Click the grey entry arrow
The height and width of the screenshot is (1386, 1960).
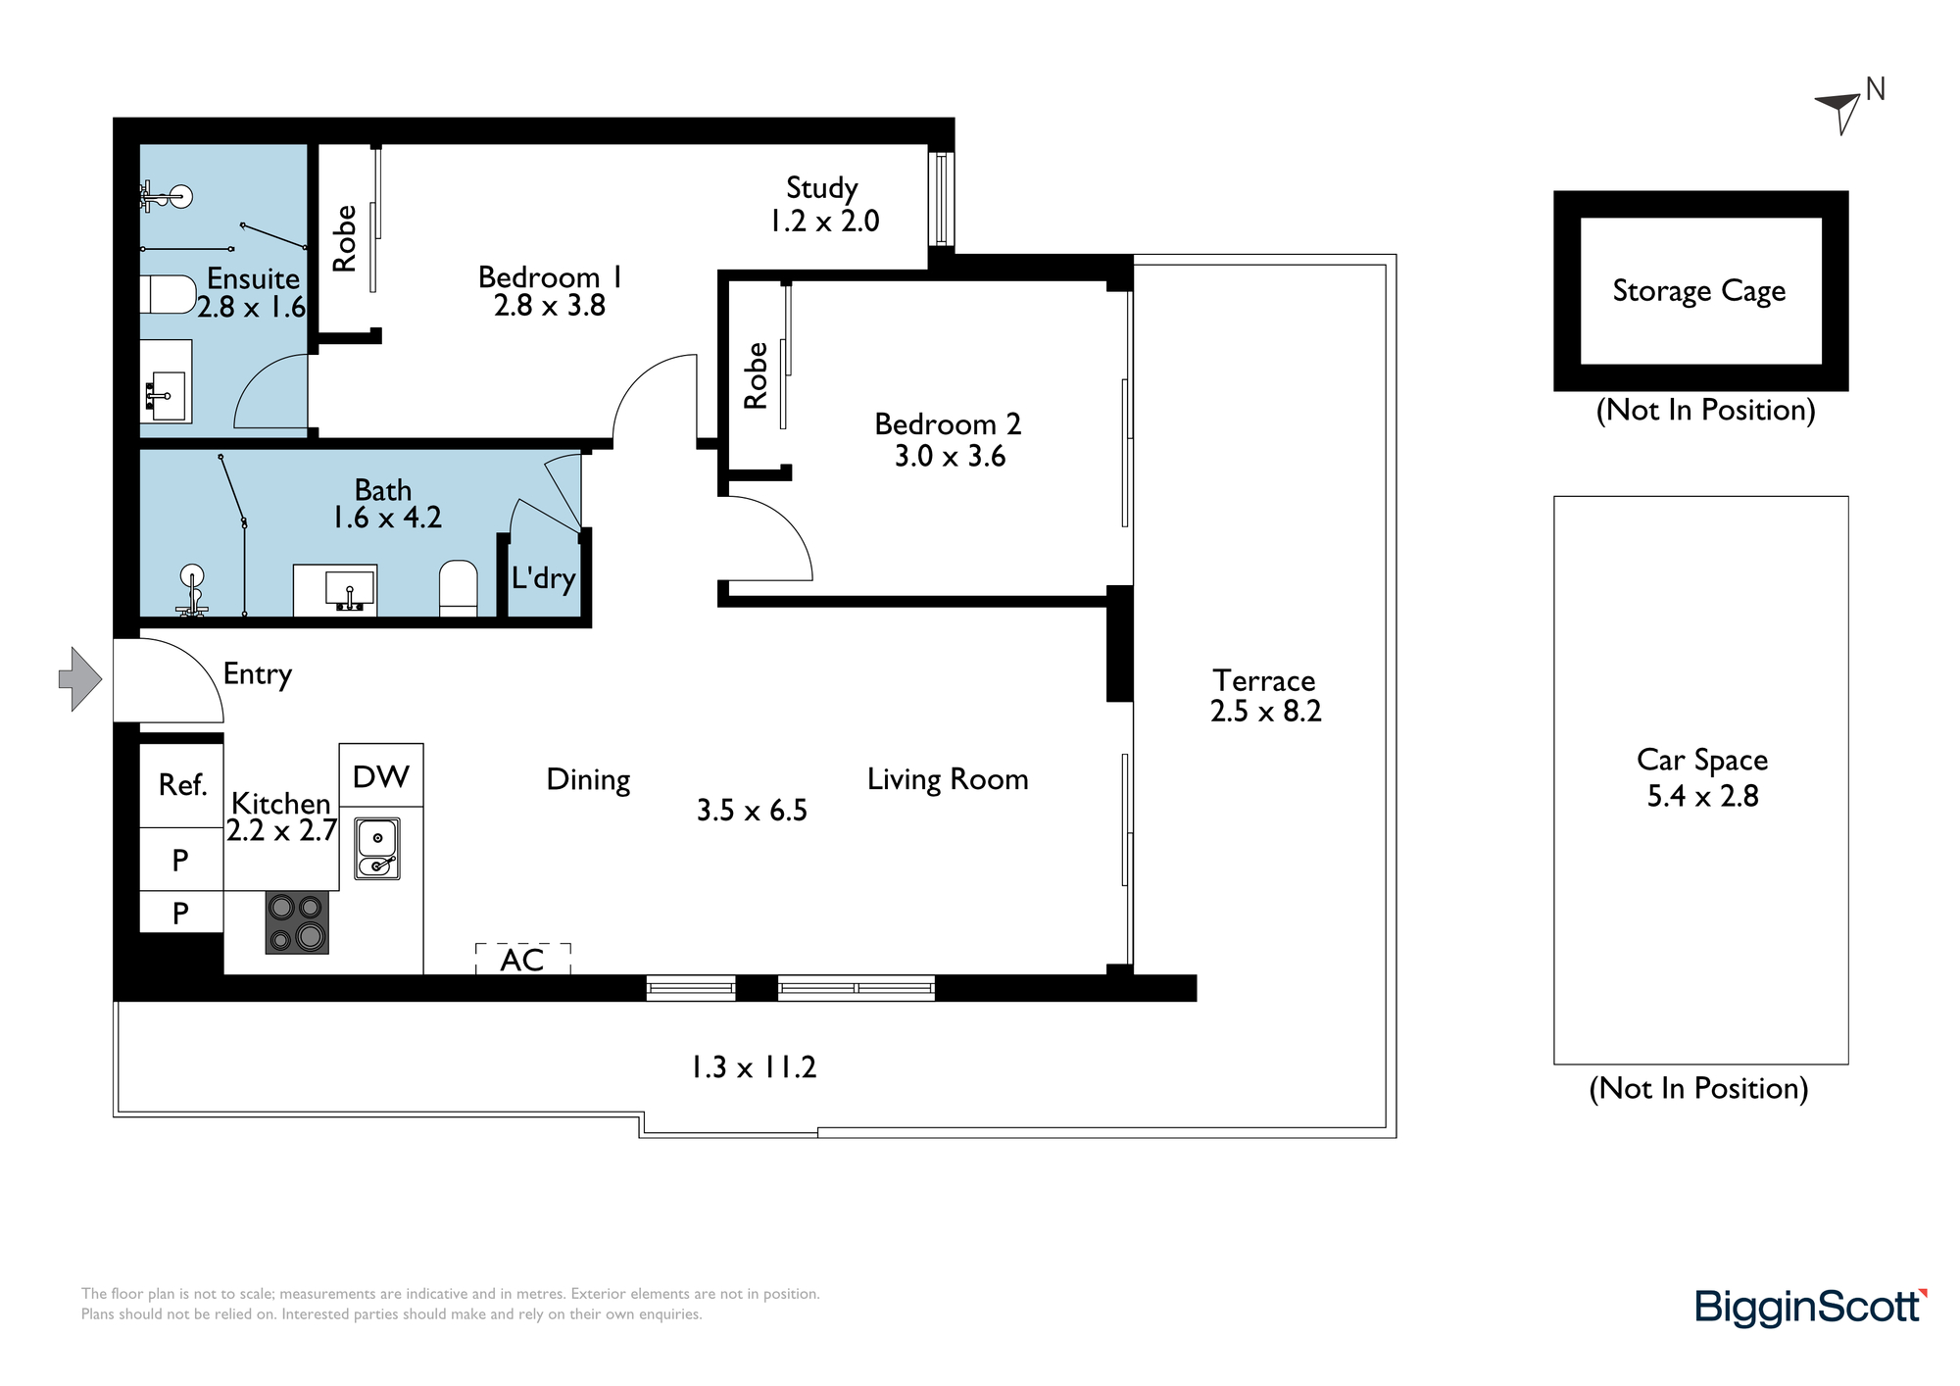click(80, 678)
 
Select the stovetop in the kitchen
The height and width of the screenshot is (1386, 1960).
click(297, 922)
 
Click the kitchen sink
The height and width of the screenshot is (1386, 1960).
click(377, 849)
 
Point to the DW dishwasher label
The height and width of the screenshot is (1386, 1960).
click(380, 776)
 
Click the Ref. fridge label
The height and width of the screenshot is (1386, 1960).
click(183, 784)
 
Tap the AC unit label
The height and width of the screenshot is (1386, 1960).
click(521, 960)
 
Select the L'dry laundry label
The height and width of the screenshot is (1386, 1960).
click(543, 577)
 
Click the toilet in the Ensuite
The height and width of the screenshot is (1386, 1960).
click(168, 294)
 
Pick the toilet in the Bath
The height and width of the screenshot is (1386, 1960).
click(458, 588)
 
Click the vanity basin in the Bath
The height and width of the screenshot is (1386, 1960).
click(335, 590)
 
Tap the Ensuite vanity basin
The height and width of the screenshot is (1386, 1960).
click(166, 381)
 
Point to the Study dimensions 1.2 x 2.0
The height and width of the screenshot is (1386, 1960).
click(824, 222)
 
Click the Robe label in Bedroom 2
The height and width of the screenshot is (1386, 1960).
click(756, 375)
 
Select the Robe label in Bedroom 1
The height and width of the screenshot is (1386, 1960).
click(344, 238)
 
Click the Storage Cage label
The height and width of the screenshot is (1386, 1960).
click(1699, 291)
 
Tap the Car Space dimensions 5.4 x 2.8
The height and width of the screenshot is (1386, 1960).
click(1702, 796)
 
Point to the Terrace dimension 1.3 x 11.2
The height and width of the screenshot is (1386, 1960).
click(754, 1066)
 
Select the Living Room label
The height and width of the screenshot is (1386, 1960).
click(948, 779)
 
